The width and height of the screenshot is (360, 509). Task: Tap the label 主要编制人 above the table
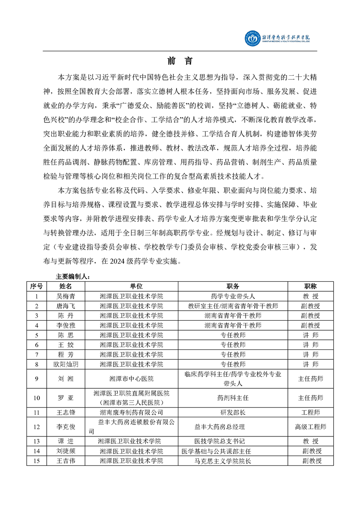[x=73, y=276]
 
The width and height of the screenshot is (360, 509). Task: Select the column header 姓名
[x=66, y=286]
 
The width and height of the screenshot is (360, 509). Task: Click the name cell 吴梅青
[x=66, y=296]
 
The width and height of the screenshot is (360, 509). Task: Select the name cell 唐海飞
[x=66, y=306]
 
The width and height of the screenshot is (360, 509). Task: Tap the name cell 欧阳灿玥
[x=66, y=364]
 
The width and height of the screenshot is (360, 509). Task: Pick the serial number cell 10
[x=37, y=398]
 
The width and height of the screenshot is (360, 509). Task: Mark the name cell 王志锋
[x=66, y=412]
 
